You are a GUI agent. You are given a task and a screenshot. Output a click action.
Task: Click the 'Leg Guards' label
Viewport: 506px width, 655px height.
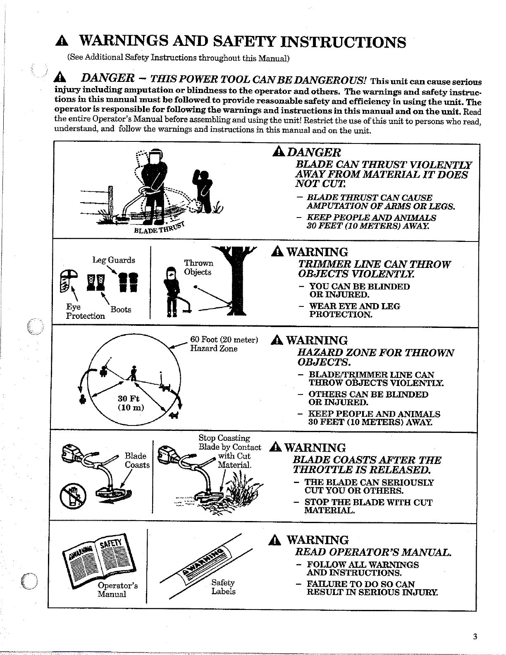click(113, 260)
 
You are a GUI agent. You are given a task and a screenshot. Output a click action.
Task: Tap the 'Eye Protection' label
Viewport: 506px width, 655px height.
click(85, 311)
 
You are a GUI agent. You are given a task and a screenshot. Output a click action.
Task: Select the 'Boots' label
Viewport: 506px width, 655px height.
click(121, 309)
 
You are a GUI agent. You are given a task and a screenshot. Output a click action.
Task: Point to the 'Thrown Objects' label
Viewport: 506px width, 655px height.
click(198, 268)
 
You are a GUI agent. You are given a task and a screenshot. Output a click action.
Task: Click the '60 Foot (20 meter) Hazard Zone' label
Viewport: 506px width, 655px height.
click(224, 344)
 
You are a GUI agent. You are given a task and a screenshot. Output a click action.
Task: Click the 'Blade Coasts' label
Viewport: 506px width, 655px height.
click(137, 460)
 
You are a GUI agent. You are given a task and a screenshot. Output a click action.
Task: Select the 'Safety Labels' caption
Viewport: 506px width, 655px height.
click(223, 587)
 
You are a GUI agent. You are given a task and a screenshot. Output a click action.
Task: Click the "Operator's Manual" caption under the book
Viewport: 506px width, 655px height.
click(117, 590)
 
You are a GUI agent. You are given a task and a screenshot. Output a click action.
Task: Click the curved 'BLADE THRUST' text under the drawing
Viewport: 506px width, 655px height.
click(159, 229)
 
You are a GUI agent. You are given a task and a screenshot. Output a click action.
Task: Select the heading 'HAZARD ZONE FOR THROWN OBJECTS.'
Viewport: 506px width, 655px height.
click(375, 357)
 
